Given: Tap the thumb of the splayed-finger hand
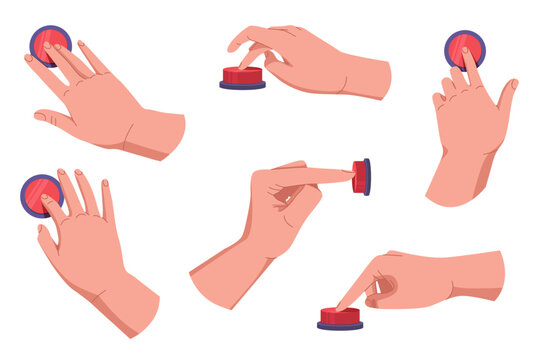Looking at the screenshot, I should (x=43, y=240).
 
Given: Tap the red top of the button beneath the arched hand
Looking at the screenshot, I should (x=243, y=74).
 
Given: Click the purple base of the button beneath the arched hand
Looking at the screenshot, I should (x=243, y=85).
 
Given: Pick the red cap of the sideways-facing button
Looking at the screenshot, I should (x=359, y=177).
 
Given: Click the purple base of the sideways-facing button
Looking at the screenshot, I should (x=368, y=177).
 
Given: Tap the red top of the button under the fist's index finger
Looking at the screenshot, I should (x=340, y=315).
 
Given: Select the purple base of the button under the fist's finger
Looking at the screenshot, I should (x=340, y=325).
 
